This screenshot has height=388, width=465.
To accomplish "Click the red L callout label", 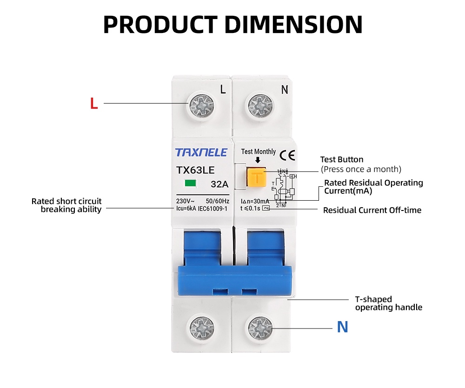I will click(x=94, y=104).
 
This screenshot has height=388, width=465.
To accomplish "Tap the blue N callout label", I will click(x=342, y=327).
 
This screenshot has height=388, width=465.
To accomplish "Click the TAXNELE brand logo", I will click(x=201, y=152).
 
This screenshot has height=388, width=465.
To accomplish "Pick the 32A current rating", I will click(x=219, y=184).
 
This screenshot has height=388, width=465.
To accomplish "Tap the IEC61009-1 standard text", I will click(x=213, y=209).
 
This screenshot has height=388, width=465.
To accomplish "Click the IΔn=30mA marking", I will click(x=255, y=201).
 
